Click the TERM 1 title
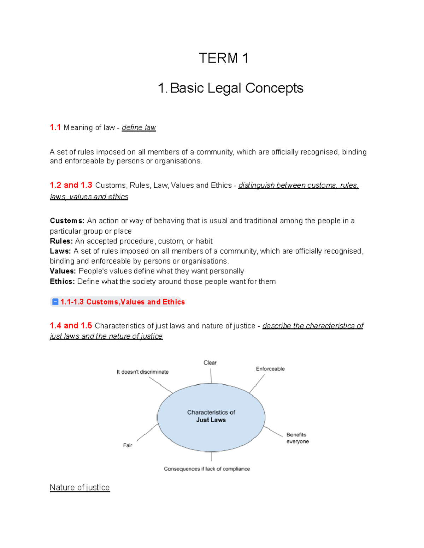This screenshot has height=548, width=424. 223,58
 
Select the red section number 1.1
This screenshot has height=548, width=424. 55,127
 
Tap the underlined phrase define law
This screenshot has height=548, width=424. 139,128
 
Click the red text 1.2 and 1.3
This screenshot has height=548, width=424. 71,185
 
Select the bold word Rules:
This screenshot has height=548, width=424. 61,241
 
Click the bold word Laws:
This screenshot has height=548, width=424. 60,251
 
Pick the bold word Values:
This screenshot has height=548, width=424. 63,271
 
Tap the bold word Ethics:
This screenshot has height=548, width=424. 62,282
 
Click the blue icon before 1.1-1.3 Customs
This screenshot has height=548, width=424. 55,302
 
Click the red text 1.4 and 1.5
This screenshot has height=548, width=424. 71,326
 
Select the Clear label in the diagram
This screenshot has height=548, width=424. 210,363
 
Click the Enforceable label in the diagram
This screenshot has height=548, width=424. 270,369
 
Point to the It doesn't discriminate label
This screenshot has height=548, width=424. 142,372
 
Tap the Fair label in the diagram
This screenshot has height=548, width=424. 128,445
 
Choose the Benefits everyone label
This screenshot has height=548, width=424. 298,438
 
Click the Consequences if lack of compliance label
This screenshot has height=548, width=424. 207,469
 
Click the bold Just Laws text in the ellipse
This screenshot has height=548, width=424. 211,420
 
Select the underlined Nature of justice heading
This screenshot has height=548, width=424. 80,488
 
